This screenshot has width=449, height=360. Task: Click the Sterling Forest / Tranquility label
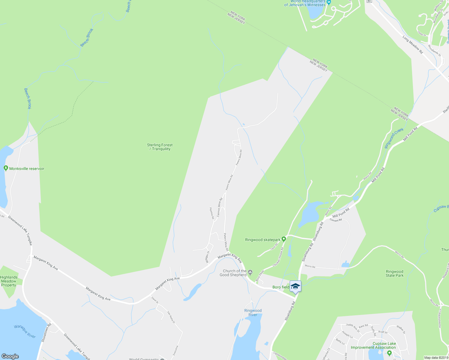[160, 147]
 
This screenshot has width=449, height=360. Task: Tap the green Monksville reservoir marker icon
[5, 168]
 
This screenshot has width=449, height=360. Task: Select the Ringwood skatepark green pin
[284, 239]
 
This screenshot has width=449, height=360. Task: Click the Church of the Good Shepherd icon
[250, 273]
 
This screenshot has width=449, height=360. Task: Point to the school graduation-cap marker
[295, 286]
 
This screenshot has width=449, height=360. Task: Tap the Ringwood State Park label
[394, 274]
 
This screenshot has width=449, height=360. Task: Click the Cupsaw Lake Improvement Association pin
[389, 353]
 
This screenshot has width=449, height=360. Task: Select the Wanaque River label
[25, 331]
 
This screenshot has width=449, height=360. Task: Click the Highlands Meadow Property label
[9, 281]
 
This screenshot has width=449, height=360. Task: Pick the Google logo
[10, 356]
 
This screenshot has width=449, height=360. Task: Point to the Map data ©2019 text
[436, 358]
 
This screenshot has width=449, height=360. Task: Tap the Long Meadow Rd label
[413, 45]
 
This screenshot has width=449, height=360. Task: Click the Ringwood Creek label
[394, 138]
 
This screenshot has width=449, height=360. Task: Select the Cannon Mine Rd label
[220, 207]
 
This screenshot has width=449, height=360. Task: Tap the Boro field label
[281, 287]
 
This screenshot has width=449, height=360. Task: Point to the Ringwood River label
[253, 313]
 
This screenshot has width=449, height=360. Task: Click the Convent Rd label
[336, 220]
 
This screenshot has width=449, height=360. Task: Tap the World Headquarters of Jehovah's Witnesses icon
[329, 2]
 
